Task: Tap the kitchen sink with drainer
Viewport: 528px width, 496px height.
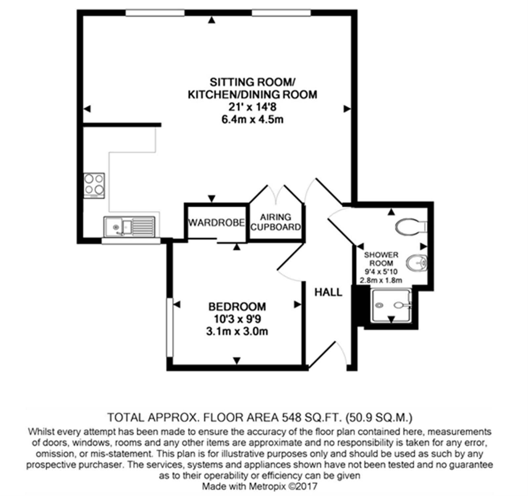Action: (129, 227)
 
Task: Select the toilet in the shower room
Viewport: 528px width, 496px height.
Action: (412, 227)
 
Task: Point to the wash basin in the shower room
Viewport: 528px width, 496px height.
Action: (417, 263)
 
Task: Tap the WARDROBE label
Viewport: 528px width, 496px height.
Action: (216, 223)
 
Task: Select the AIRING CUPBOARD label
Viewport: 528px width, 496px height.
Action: (276, 222)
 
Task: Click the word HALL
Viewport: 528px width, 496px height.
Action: (328, 292)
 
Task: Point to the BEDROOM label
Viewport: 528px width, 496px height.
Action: (237, 307)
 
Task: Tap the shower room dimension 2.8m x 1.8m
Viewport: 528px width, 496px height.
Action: (381, 280)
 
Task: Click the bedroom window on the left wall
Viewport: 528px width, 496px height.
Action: (170, 327)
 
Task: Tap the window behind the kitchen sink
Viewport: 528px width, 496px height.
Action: (131, 241)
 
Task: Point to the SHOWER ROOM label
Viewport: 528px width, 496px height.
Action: (381, 259)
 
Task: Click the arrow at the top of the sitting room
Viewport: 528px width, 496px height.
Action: (212, 21)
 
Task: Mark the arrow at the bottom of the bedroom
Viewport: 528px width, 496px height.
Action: (237, 360)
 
